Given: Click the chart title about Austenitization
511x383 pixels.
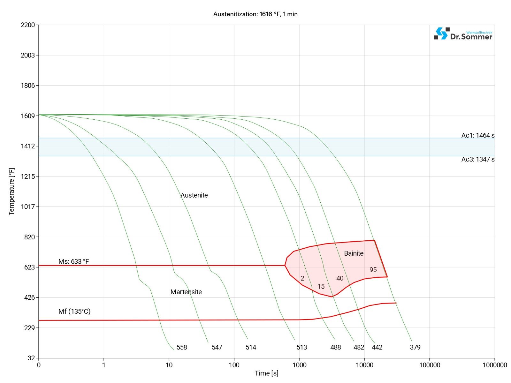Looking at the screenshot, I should tap(255, 14).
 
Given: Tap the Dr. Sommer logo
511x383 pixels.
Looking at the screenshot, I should tap(463, 34).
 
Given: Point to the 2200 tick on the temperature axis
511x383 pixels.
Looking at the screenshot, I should tap(28, 25).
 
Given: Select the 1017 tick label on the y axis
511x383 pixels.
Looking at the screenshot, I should tap(28, 207).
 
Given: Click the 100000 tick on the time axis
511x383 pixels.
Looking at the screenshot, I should tap(429, 365).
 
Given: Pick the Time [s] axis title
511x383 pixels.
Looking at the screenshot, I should tap(266, 373).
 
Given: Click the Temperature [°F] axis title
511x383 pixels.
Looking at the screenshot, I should tap(11, 191).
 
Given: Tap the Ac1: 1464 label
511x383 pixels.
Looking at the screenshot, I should tap(478, 135).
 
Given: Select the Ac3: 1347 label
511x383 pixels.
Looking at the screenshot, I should tap(478, 159).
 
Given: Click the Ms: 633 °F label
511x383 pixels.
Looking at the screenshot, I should tap(73, 261).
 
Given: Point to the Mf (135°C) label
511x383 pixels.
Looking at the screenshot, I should tap(74, 311).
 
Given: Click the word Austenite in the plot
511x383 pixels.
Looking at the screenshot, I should tap(194, 195).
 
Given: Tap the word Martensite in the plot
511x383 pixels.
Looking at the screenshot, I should tap(186, 292).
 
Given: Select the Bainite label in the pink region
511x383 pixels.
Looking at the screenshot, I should tap(354, 253).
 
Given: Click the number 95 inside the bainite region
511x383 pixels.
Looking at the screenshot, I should tap(373, 270).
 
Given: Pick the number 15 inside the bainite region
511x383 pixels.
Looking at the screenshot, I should tap(321, 286).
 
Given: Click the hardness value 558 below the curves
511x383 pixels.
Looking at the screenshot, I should tap(182, 347).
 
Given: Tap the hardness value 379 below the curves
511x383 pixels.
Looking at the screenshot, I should tap(415, 347).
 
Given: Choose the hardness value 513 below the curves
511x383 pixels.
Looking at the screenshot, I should tap(301, 347).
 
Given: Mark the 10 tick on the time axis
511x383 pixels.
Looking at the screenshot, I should tap(169, 365).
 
